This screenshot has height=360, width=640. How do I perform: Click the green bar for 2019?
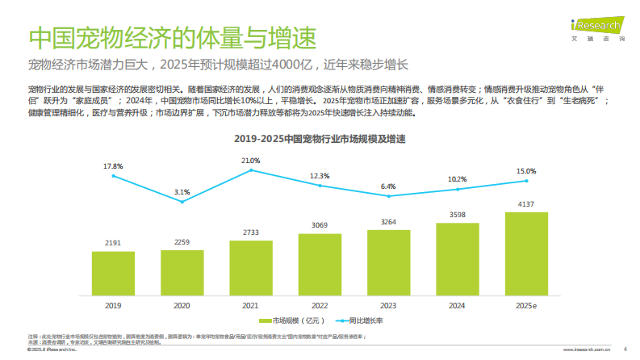(x=113, y=274)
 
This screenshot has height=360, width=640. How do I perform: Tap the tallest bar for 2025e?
(x=525, y=254)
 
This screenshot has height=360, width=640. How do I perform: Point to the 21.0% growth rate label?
(x=250, y=161)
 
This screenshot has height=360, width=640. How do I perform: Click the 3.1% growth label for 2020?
(x=182, y=192)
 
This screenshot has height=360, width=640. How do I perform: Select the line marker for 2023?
(x=389, y=196)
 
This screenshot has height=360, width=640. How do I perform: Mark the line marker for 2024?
(x=458, y=190)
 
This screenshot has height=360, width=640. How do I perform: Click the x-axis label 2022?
(x=320, y=306)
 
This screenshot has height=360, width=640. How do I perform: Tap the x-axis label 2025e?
(x=526, y=306)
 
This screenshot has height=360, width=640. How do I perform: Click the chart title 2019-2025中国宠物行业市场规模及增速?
(x=320, y=139)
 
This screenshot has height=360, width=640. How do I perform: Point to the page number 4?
(x=625, y=350)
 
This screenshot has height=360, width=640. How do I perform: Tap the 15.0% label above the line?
(x=525, y=171)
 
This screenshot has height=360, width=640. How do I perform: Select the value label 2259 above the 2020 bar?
(x=182, y=241)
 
